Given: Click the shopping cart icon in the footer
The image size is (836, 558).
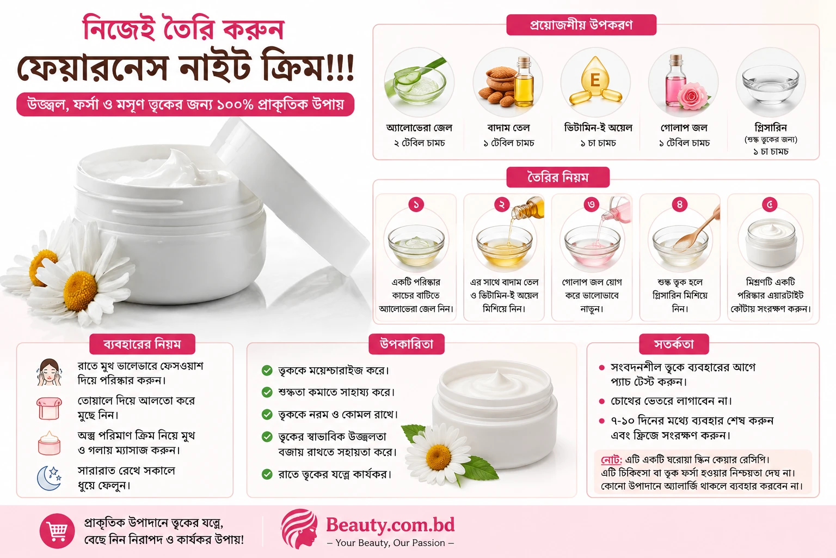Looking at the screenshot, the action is coord(57,531).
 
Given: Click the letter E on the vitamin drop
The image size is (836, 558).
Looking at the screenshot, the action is coord(595,80).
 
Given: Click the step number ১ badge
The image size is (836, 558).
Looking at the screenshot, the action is coord(416,204).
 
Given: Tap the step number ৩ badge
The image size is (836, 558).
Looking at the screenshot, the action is coord(592,204).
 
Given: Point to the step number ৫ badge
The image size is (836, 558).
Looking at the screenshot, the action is coord(770,204).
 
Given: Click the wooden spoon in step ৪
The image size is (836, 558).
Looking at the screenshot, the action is coord(697,228).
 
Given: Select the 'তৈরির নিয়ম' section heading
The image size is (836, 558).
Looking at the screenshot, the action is coord(558,177).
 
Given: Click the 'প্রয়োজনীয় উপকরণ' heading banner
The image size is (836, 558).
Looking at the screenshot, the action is coord(581,25).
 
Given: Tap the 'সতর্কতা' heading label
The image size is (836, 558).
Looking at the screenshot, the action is coord(674,344).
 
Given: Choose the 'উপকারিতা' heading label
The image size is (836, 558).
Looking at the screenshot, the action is coord(407,344).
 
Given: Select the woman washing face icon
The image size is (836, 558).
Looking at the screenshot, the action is coord(49,372).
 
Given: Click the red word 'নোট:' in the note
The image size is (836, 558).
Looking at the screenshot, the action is coord(611,459).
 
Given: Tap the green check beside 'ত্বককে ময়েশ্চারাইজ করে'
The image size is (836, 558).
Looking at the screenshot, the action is coord(267,371).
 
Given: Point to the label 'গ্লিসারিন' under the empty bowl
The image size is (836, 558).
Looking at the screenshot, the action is coord(771,128).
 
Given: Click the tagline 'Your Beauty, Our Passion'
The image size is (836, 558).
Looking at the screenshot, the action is coord(390,543).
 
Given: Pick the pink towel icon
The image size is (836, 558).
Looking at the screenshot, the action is coord(49,408).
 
